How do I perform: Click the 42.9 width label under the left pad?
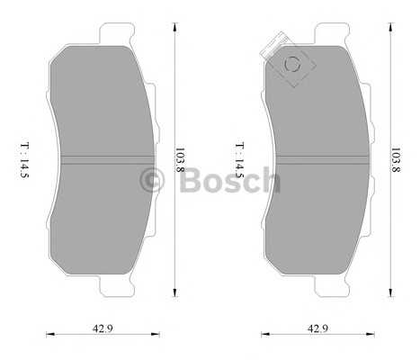[x=103, y=328]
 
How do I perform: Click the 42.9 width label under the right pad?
[x=317, y=328]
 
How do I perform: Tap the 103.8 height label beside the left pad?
[x=180, y=159]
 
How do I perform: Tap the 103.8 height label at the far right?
[x=396, y=159]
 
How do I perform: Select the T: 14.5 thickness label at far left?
[x=24, y=160]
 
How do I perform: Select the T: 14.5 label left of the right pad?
[x=239, y=160]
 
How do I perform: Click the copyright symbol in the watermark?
[x=152, y=180]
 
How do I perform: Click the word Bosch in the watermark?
[x=230, y=180]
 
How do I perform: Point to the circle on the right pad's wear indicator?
[x=292, y=64]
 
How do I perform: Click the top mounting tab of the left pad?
[x=116, y=33]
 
